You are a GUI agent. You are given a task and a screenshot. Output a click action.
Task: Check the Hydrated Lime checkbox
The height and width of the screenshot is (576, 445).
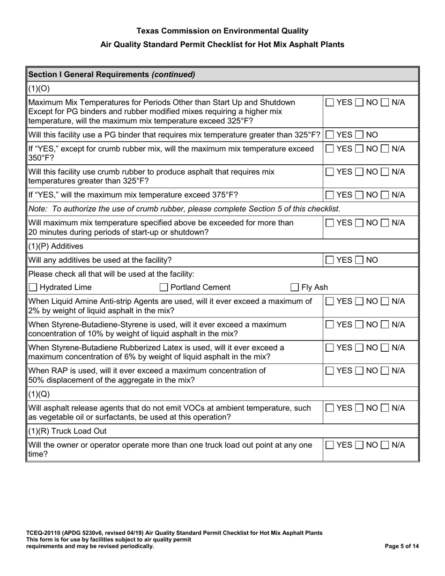point(33,288)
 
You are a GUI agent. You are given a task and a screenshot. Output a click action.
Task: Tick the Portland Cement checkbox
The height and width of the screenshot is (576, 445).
point(164,288)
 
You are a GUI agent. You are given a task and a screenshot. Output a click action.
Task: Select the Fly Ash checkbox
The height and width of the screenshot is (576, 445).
point(295,288)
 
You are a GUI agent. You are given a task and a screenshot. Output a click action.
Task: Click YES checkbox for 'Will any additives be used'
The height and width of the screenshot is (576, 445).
point(330,259)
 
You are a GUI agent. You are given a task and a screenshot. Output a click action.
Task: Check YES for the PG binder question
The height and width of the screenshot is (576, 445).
point(330,135)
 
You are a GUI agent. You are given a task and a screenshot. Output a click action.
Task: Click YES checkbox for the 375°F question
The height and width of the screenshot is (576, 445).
point(330,195)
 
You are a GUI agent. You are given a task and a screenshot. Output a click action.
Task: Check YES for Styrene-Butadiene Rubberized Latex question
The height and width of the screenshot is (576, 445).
point(330,347)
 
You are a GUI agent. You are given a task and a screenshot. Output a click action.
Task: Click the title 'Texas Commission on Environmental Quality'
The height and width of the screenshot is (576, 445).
point(222,31)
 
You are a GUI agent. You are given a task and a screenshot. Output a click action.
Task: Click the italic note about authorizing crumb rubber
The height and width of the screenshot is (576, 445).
point(184,208)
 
